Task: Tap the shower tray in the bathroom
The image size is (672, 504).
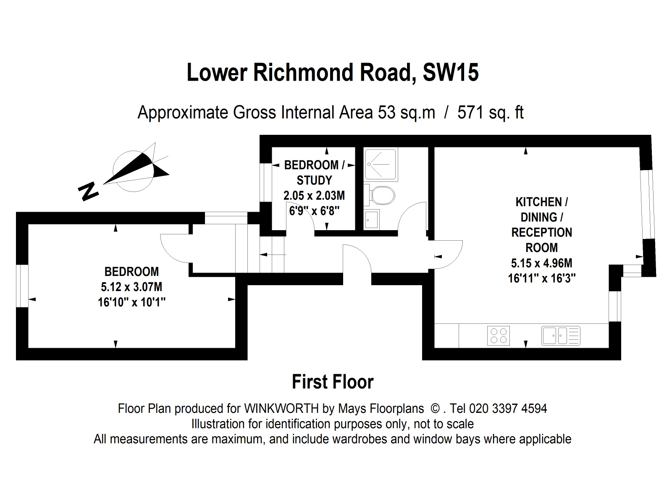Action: click(380, 164)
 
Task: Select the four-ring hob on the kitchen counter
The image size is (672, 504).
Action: click(499, 336)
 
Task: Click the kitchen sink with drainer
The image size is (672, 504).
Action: click(560, 336)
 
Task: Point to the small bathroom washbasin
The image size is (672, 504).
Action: click(371, 219)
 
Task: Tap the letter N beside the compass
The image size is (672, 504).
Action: click(88, 191)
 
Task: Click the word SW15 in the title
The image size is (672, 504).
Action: click(451, 73)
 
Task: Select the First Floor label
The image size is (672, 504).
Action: click(333, 382)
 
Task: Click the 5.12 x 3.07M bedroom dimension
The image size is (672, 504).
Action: click(131, 287)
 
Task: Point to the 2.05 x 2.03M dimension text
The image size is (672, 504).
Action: click(314, 195)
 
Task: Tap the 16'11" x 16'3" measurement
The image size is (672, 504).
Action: click(541, 278)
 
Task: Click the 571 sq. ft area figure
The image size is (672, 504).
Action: click(491, 113)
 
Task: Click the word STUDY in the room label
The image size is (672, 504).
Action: click(314, 180)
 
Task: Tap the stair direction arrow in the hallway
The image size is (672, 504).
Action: click(273, 254)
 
